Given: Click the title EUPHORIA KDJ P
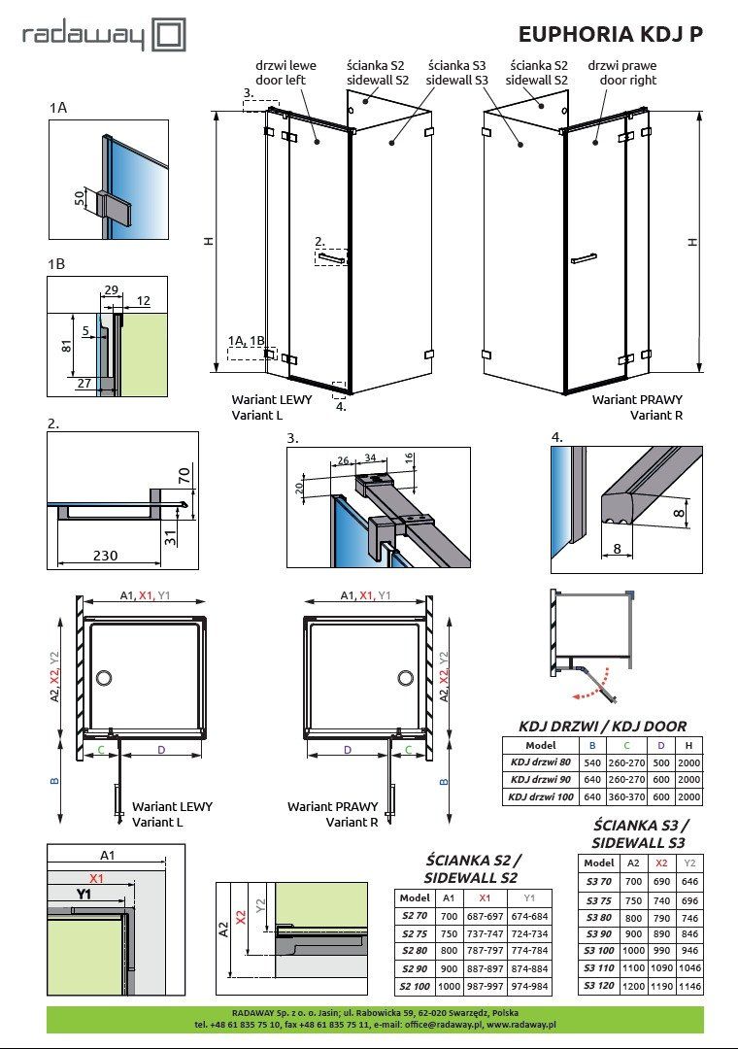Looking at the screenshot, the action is pyautogui.click(x=611, y=34).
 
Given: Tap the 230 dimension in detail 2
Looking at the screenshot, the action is pyautogui.click(x=105, y=555).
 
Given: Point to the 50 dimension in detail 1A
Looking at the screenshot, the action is pyautogui.click(x=80, y=198).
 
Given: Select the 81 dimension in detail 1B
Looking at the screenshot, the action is pyautogui.click(x=66, y=346).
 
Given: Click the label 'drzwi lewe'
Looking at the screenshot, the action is pyautogui.click(x=285, y=66).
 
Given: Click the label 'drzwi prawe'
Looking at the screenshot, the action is pyautogui.click(x=622, y=66).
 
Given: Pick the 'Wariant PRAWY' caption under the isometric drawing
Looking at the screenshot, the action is pyautogui.click(x=637, y=399).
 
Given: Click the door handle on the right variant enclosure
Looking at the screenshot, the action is pyautogui.click(x=584, y=258).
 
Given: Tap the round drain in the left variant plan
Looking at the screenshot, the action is pyautogui.click(x=104, y=678).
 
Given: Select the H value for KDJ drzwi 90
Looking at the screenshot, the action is pyautogui.click(x=688, y=779).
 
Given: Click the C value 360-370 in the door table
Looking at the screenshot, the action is pyautogui.click(x=626, y=796).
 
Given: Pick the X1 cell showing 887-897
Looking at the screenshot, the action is pyautogui.click(x=485, y=968).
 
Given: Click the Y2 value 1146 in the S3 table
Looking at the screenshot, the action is pyautogui.click(x=689, y=986).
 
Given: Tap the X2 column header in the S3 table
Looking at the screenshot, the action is pyautogui.click(x=661, y=863).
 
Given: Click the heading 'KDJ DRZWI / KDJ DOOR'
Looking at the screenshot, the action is pyautogui.click(x=602, y=726).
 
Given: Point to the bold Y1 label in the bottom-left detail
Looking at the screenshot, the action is pyautogui.click(x=84, y=894).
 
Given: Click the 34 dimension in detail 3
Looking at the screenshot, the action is pyautogui.click(x=370, y=458).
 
